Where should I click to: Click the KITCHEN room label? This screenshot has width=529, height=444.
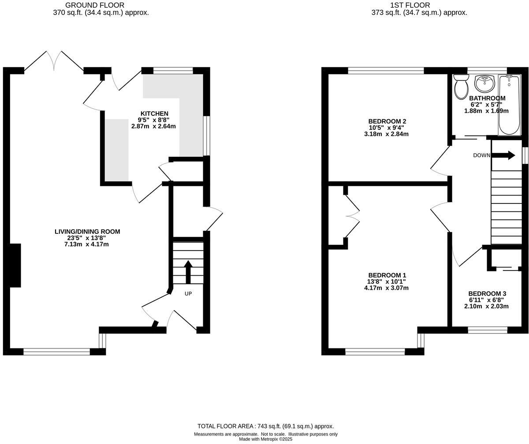[x=154, y=114]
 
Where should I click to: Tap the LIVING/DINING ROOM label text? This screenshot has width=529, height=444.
[x=87, y=232]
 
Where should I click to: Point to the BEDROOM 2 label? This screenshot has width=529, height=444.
[x=387, y=122]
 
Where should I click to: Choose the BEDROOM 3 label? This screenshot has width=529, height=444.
[x=487, y=294]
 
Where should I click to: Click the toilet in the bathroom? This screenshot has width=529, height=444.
[x=461, y=86]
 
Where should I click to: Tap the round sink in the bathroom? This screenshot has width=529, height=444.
[x=484, y=83]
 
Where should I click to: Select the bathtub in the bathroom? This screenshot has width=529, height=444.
[x=509, y=104]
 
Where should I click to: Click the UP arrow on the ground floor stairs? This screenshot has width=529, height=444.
[x=188, y=271]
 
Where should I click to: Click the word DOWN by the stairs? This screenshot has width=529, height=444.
[x=481, y=155]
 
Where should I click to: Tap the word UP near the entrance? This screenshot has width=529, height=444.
[x=188, y=294]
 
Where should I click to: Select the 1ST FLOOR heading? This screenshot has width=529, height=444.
[x=404, y=5]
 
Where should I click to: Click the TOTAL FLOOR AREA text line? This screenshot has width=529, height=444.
[x=265, y=426]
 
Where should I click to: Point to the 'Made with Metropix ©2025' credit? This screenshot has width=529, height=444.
[x=265, y=439]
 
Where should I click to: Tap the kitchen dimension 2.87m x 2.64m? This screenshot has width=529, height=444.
[x=153, y=126]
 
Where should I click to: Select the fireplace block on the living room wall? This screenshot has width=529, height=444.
[x=15, y=265]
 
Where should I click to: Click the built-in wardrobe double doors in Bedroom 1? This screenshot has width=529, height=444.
[x=353, y=216]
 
